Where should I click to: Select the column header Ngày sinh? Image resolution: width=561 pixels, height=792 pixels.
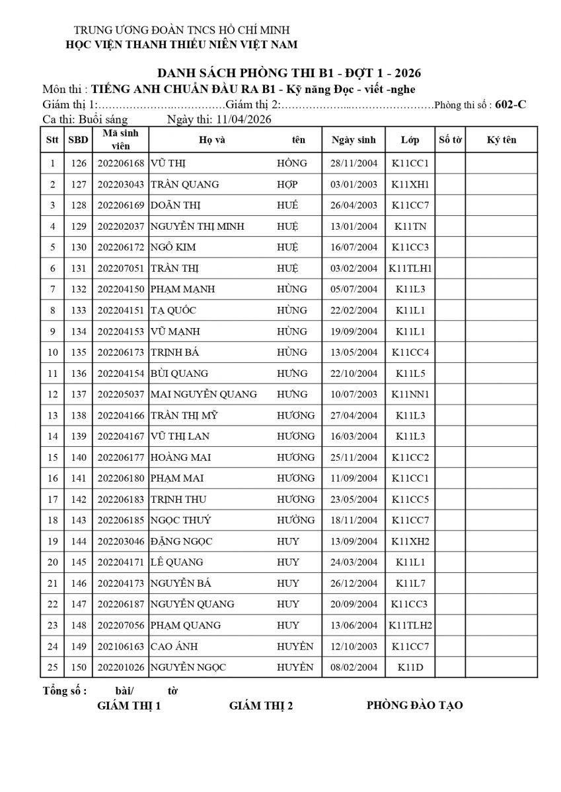tap(354, 140)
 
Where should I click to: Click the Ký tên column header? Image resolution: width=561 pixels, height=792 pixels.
tap(501, 140)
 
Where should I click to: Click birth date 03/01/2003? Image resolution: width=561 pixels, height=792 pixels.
tap(354, 184)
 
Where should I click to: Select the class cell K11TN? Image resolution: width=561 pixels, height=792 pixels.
tap(410, 226)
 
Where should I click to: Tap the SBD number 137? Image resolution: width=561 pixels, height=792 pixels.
tap(79, 395)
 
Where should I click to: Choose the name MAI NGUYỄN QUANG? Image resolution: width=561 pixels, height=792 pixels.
tap(204, 395)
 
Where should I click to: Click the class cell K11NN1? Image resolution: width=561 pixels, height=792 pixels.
tap(410, 395)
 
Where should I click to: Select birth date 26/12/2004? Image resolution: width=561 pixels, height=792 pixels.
tap(354, 583)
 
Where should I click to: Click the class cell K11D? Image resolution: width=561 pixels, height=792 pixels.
tap(410, 668)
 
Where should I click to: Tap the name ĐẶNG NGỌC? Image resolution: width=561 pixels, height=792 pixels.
tap(182, 542)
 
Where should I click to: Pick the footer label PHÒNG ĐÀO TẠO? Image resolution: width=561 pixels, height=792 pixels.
tap(414, 706)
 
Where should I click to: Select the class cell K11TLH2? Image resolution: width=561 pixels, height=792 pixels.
tap(410, 626)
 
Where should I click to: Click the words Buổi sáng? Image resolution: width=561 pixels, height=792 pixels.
tap(102, 119)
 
